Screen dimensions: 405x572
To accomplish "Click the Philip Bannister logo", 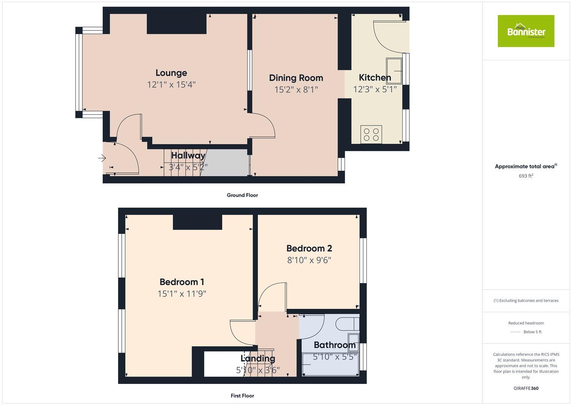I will [x=526, y=31].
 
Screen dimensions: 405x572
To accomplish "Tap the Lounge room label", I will [x=171, y=73].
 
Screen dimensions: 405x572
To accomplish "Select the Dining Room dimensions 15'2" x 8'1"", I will [x=296, y=90].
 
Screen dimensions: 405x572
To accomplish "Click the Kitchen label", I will [x=375, y=78].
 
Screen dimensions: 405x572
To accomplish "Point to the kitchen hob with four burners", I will [x=371, y=135].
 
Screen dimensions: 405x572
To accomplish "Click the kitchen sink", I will [x=394, y=70].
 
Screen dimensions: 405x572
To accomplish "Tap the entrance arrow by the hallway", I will [x=102, y=158].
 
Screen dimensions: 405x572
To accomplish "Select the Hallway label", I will [x=188, y=155].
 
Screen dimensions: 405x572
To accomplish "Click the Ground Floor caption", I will [x=242, y=195].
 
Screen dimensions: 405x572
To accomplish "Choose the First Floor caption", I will [x=242, y=396].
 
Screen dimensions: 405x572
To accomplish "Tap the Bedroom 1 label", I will [x=182, y=282].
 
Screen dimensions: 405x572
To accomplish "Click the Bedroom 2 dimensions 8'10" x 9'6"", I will [x=309, y=260].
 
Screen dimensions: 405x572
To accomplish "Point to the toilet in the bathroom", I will [x=346, y=324].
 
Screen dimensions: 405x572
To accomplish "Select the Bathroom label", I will [x=335, y=345].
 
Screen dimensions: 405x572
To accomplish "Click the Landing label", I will [x=258, y=358].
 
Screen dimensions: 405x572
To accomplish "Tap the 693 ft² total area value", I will [x=526, y=176].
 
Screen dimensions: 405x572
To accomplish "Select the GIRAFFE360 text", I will [x=526, y=388].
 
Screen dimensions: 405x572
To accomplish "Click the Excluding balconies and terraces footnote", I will [x=526, y=300].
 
